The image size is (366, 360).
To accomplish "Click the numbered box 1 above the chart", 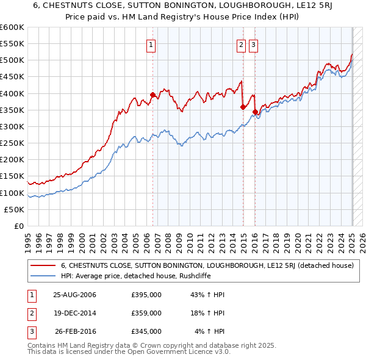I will tap(151, 44).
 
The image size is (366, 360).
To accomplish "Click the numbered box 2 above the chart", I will tap(241, 44).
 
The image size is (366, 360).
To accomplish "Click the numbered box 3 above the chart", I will tap(253, 44).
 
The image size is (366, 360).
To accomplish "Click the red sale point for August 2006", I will tap(152, 95).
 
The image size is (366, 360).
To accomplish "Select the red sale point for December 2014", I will tap(243, 107).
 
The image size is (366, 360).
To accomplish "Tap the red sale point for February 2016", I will tap(255, 112).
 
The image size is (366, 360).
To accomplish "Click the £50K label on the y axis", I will tap(15, 209).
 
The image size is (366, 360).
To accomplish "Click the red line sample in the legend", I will tap(43, 265).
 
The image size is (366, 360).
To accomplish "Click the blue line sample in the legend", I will tap(43, 276).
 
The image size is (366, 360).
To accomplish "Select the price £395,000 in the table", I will tap(146, 295).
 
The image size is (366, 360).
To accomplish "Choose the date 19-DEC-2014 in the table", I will tap(75, 313).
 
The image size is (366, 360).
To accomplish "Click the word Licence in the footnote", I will tap(152, 352).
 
